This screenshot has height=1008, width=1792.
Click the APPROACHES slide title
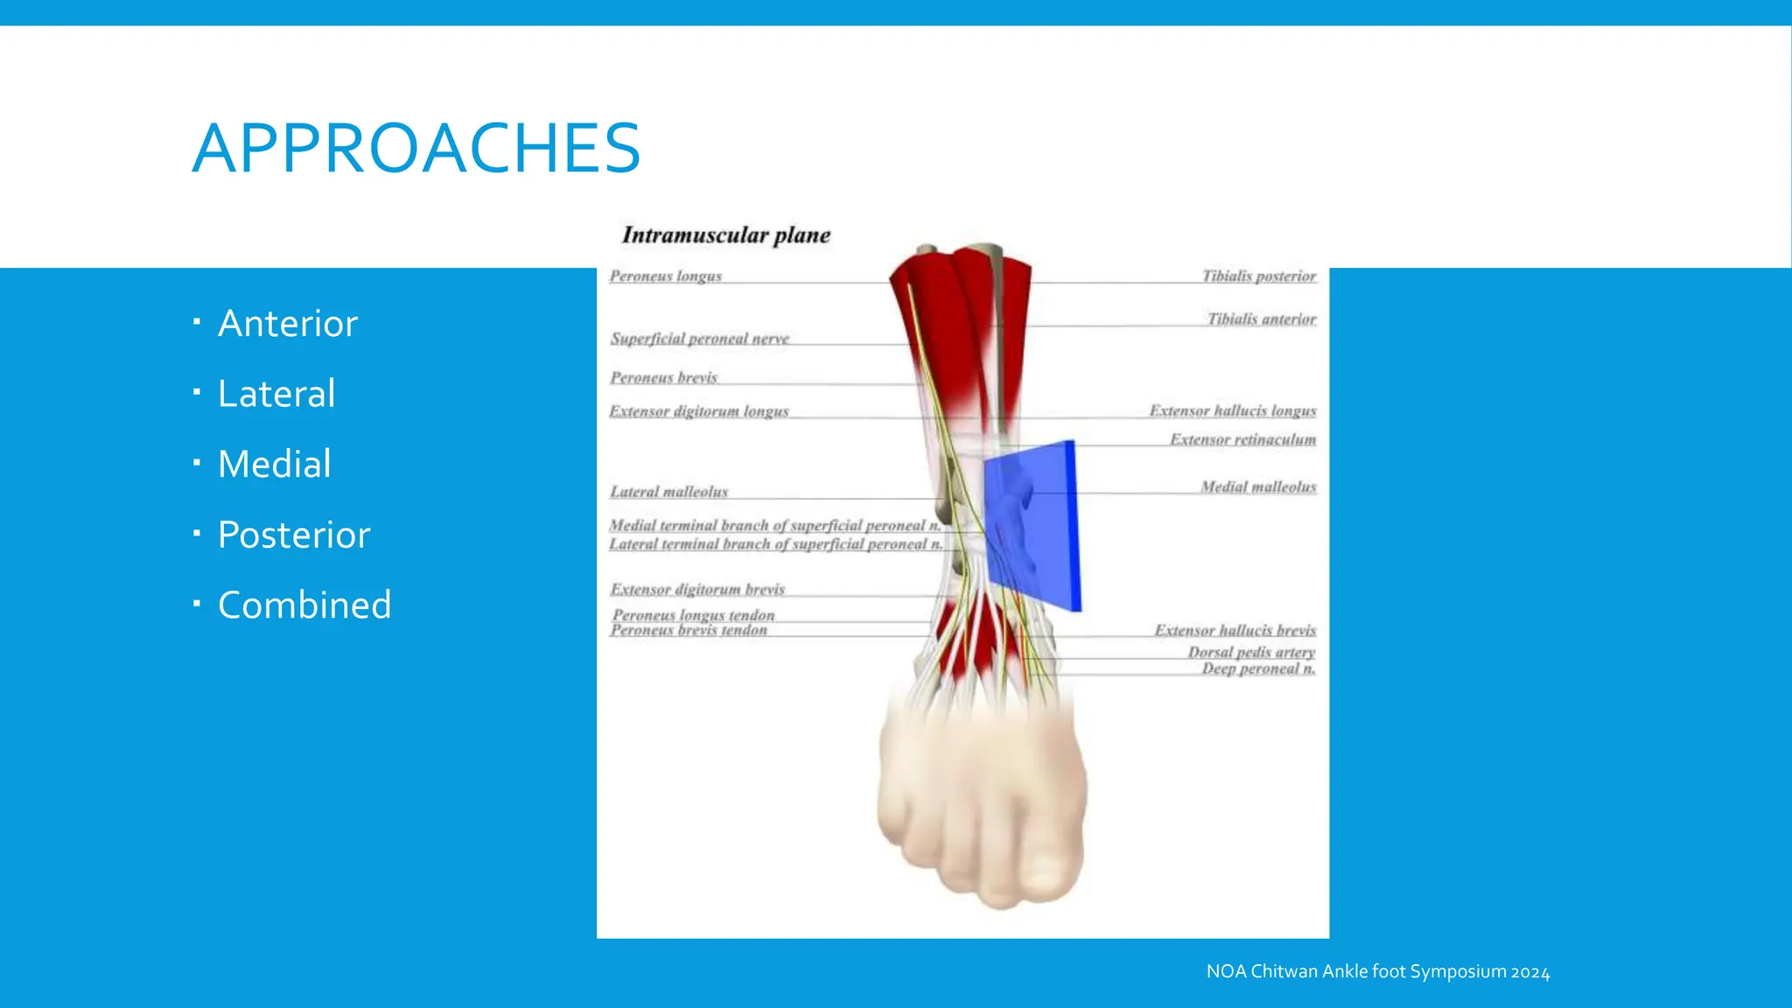click(x=416, y=148)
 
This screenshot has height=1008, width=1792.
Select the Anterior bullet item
click(x=287, y=324)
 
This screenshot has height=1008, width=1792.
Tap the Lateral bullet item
click(x=276, y=394)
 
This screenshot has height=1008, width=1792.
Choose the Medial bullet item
click(x=274, y=464)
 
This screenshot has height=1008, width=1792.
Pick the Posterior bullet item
click(x=294, y=535)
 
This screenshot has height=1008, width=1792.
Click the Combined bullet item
click(x=304, y=605)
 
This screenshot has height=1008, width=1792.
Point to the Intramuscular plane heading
click(x=725, y=234)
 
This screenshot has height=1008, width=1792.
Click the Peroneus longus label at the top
click(x=665, y=276)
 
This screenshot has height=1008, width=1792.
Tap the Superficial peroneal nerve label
click(x=699, y=338)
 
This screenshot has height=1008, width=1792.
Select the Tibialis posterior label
click(x=1258, y=276)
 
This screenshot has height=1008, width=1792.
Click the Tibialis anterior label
click(x=1261, y=318)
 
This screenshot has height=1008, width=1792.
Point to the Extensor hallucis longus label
click(x=1232, y=410)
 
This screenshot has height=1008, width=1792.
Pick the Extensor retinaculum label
click(x=1242, y=439)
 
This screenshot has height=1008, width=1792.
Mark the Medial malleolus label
click(x=1257, y=486)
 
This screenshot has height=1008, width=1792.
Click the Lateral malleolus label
click(x=668, y=492)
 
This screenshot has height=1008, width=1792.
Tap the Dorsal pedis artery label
click(x=1250, y=652)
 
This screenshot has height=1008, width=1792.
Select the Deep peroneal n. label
click(x=1257, y=668)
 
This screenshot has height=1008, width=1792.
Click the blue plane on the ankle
click(x=1032, y=525)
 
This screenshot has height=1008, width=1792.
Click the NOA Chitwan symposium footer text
click(x=1377, y=971)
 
